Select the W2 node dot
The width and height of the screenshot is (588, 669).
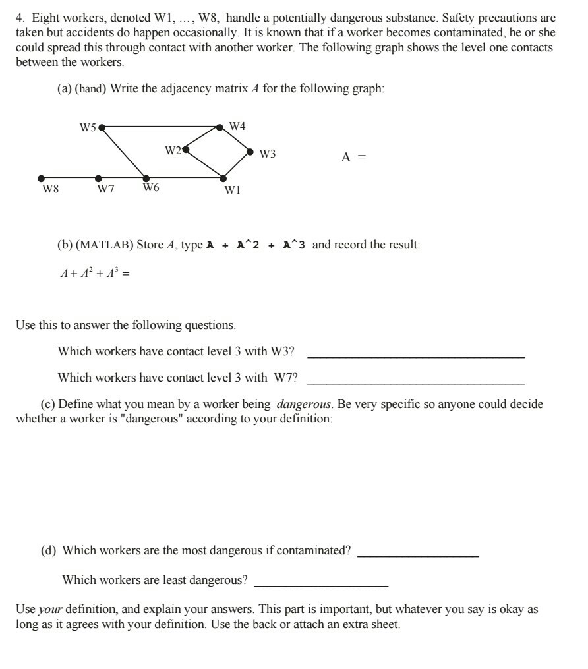pos(185,150)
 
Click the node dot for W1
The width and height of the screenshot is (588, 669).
pos(223,177)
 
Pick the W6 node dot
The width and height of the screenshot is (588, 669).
pos(146,177)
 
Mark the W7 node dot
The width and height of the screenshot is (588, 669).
pos(99,177)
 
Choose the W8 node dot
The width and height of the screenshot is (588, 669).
pos(42,177)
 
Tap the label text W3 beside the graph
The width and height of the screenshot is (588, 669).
pos(268,155)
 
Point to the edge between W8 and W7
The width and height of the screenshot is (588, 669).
pos(70,177)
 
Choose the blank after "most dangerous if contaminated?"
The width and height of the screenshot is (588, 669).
pos(417,556)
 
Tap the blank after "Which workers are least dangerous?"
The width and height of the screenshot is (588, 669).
pos(321,585)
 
